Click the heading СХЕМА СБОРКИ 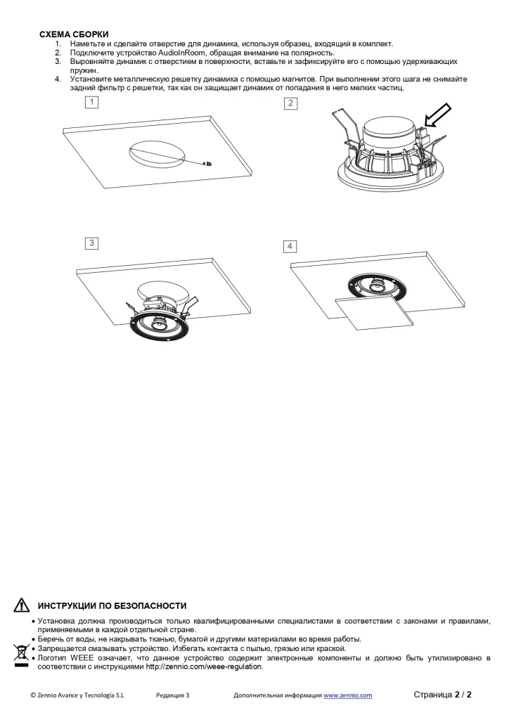[74, 34]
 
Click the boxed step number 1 [92, 102]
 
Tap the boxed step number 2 [290, 103]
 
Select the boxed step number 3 [92, 243]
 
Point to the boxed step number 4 [290, 247]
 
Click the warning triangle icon [22, 605]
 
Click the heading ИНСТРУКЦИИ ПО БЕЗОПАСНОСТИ [112, 606]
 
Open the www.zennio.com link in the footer [347, 695]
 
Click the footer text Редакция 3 [172, 695]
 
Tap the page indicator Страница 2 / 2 [442, 694]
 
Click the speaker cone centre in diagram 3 [160, 323]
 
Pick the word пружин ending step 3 [84, 71]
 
